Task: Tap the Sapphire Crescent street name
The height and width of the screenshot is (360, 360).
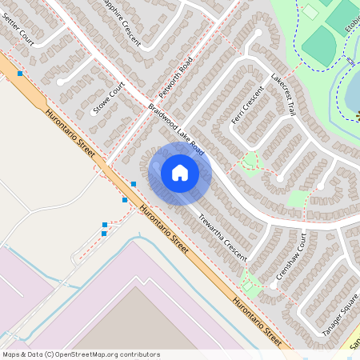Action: pos(120,22)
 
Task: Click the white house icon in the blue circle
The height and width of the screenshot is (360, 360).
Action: pos(180,173)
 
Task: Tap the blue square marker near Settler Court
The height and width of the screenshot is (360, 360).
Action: pos(19,74)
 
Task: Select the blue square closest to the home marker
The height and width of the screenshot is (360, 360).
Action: pos(134,185)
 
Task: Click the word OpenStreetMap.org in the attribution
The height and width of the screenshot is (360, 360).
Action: pos(89,354)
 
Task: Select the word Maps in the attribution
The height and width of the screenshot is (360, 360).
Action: pos(11,354)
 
